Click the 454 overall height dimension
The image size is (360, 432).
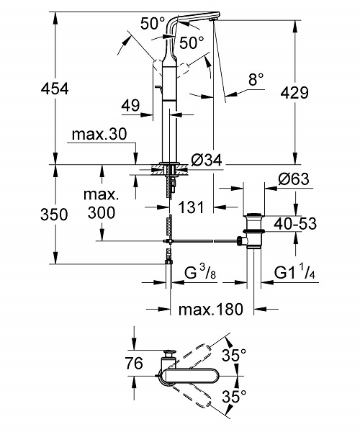(55, 89)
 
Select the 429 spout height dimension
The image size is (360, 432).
(294, 93)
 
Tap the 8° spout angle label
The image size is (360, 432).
(256, 79)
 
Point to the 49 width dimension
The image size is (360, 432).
(131, 105)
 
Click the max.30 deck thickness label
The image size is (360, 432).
(99, 134)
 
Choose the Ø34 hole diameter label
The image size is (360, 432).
(207, 160)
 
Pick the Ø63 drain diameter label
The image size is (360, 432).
(294, 179)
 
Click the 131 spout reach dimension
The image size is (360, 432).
(192, 207)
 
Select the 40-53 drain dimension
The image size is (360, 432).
(295, 223)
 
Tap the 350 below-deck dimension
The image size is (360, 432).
(54, 215)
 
